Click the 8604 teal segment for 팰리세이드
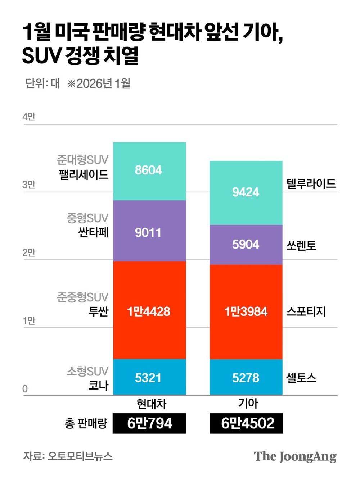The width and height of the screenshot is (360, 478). click(x=149, y=171)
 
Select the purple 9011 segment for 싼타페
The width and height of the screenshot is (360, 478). click(x=149, y=231)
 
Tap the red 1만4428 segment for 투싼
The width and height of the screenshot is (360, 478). click(x=149, y=310)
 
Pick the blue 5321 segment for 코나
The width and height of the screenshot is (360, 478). click(x=149, y=377)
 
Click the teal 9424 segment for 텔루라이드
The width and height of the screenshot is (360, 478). click(x=246, y=192)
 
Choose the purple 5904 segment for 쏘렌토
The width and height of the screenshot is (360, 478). click(x=246, y=245)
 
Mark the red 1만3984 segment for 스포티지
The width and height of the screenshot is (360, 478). click(x=246, y=311)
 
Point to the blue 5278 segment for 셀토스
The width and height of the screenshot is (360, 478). click(x=246, y=377)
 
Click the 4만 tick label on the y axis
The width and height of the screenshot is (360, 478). click(x=29, y=117)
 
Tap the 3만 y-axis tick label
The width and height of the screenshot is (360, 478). click(x=29, y=185)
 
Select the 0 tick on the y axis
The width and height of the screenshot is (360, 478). click(x=25, y=388)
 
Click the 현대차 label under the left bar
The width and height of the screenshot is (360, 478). click(x=151, y=404)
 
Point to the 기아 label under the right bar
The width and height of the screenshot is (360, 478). click(x=248, y=403)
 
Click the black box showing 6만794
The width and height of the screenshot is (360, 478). click(x=149, y=423)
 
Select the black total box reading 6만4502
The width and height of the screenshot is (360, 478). click(x=247, y=423)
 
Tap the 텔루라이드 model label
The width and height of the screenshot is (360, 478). click(x=311, y=183)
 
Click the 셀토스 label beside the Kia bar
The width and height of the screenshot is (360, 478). click(x=301, y=377)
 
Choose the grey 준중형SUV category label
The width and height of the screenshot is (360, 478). click(x=82, y=297)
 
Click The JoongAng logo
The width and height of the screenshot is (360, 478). click(x=295, y=457)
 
